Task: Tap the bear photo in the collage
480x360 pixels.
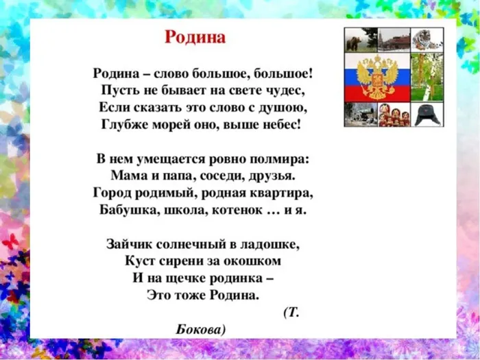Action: (x=354, y=40)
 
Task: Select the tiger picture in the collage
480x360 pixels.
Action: (x=427, y=40)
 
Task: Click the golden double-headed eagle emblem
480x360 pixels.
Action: (x=378, y=77)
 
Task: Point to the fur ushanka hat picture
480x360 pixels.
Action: (x=427, y=114)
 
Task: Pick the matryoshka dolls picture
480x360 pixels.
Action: (x=394, y=115)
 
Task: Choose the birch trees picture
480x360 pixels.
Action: (x=427, y=77)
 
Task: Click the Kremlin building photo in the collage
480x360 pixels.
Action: (x=394, y=40)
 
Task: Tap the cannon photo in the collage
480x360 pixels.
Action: (x=360, y=115)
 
